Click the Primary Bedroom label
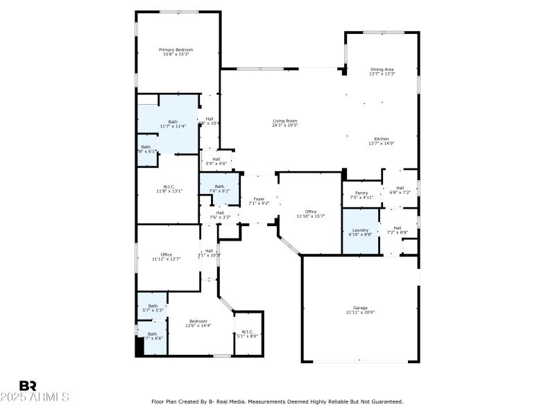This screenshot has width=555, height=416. [x=176, y=50]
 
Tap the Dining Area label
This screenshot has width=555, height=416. [x=382, y=69]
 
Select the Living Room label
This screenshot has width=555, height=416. [x=284, y=121]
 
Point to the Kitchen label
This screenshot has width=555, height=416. [x=382, y=139]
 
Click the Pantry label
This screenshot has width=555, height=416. [x=361, y=193]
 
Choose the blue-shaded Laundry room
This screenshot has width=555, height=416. [x=360, y=232]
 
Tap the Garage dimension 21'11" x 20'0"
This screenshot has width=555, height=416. [x=360, y=312]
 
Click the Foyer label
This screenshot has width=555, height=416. [x=259, y=199]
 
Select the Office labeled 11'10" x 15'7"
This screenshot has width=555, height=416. [x=310, y=212]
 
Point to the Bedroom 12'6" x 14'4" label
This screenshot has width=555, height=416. [x=198, y=321]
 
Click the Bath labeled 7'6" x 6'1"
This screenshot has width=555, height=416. [x=219, y=187]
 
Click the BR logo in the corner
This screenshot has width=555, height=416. [x=28, y=385]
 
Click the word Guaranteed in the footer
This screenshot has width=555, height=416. [x=384, y=401]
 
